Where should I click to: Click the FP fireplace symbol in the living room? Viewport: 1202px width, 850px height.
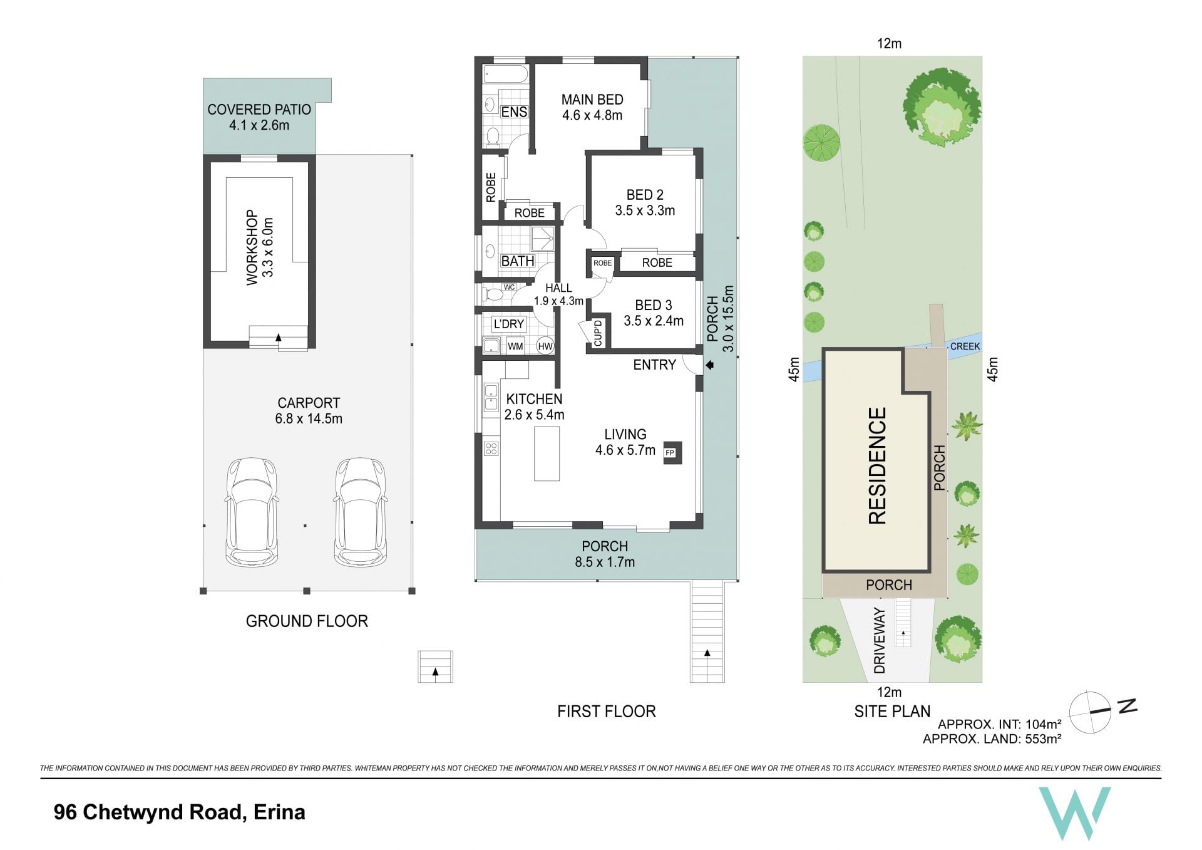[x=670, y=452]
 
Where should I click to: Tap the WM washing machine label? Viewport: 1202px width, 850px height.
[x=515, y=346]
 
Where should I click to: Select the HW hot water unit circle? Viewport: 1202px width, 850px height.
[x=545, y=346]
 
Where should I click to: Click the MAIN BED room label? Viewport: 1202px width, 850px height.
[x=592, y=100]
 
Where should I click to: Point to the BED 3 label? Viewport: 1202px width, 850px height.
[x=654, y=305]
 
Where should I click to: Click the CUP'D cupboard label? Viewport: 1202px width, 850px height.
[x=598, y=333]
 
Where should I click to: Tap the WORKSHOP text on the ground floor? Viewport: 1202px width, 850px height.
[x=252, y=247]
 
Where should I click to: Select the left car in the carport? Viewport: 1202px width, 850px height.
[x=252, y=512]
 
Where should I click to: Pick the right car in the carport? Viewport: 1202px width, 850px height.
[x=361, y=512]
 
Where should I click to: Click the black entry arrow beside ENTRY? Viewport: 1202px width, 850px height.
[x=710, y=365]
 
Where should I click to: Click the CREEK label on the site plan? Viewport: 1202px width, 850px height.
[x=965, y=346]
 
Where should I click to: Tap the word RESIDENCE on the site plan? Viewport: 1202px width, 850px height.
[x=877, y=465]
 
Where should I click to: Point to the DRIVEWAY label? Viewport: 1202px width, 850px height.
[x=880, y=640]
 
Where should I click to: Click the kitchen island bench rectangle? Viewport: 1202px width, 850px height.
[x=547, y=454]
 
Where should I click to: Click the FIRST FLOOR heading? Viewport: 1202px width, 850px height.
[x=607, y=712]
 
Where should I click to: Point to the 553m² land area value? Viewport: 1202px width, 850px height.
[x=1043, y=739]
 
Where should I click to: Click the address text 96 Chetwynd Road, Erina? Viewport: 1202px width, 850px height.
[x=180, y=812]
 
